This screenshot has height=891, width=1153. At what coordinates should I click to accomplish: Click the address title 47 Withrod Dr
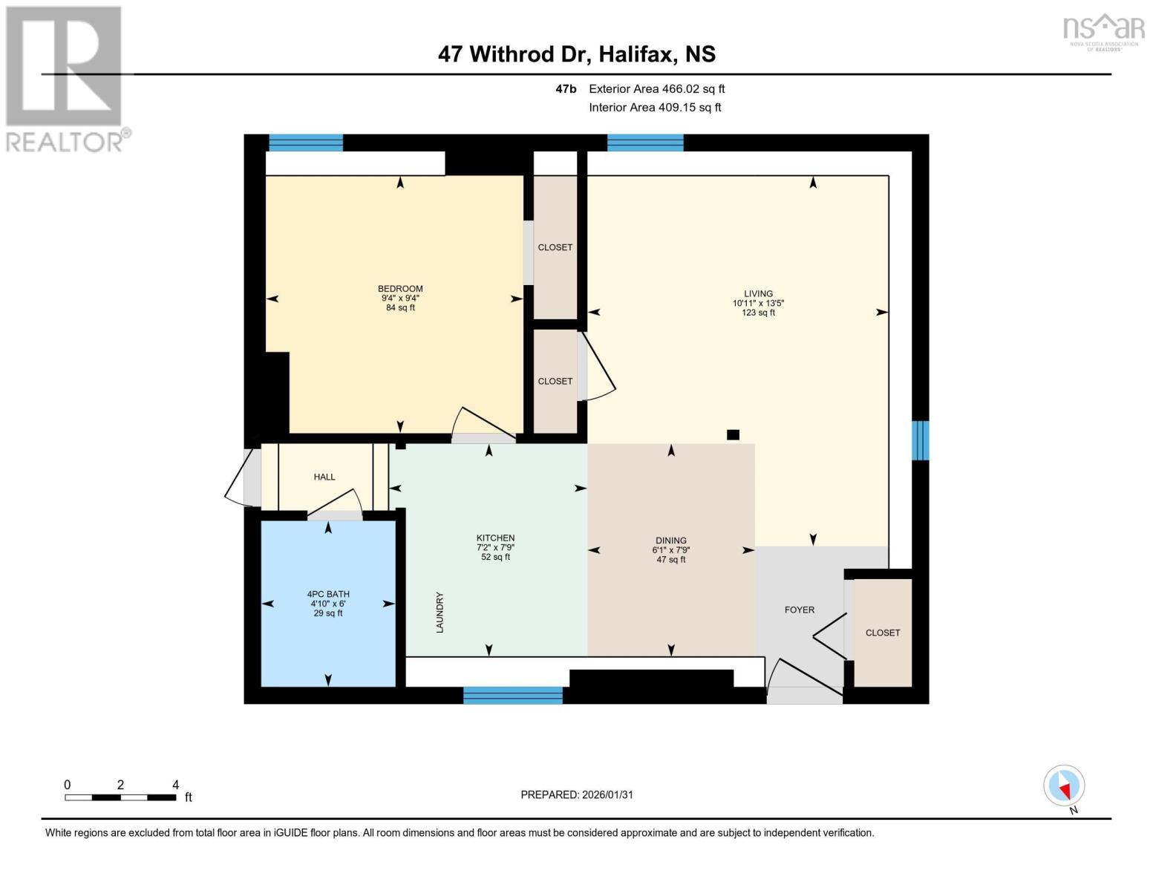(x=576, y=54)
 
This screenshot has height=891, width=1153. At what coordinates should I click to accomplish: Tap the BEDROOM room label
(x=400, y=289)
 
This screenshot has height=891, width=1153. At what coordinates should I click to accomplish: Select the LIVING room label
(x=758, y=293)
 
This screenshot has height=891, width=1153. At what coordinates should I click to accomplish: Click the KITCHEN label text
(x=495, y=538)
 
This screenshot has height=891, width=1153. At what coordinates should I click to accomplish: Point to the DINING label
(x=670, y=541)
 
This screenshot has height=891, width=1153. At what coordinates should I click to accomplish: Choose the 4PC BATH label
(x=328, y=594)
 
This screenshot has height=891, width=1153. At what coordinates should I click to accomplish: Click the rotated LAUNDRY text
(x=440, y=612)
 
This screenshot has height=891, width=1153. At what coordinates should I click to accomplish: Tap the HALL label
(x=324, y=477)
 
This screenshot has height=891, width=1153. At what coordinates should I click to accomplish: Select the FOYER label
(x=800, y=610)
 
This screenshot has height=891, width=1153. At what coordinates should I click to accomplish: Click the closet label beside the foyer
(x=882, y=633)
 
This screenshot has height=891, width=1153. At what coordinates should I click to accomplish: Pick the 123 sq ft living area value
(x=758, y=313)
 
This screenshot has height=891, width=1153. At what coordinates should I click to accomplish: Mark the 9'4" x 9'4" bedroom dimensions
(x=400, y=298)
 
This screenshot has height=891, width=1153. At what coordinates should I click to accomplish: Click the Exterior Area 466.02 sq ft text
(x=656, y=89)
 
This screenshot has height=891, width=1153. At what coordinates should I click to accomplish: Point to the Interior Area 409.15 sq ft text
(x=655, y=108)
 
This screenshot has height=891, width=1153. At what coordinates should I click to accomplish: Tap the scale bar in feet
(x=120, y=797)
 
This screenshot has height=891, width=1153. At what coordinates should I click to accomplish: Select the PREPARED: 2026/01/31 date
(x=577, y=794)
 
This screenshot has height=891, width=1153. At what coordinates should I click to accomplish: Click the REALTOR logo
(x=65, y=78)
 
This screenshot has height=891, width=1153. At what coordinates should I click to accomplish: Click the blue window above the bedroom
(x=306, y=143)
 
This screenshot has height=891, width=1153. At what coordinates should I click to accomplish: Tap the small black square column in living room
(x=733, y=435)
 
